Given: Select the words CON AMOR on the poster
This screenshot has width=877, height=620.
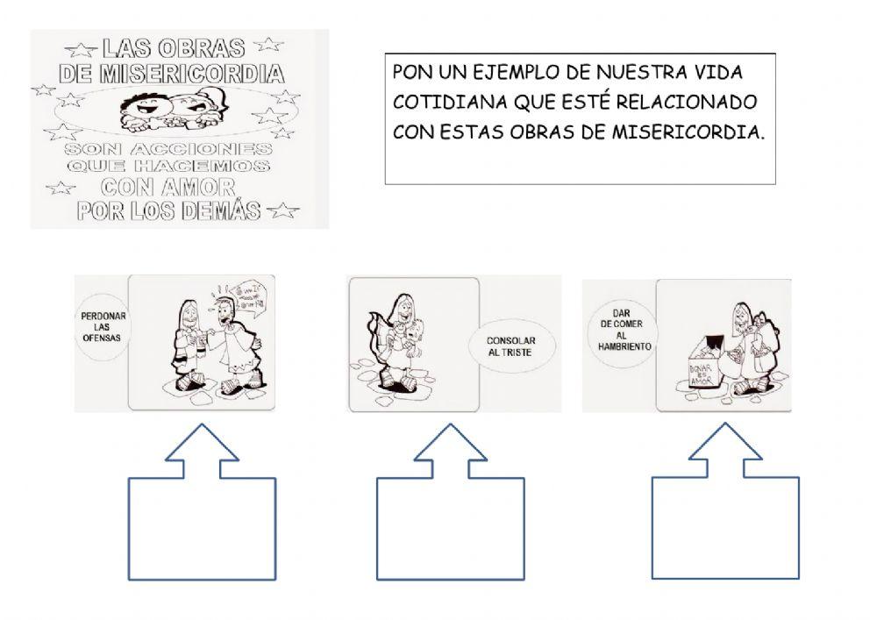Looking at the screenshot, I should [x=168, y=187].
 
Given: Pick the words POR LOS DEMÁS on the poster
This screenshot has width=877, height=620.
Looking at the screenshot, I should [x=168, y=210].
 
